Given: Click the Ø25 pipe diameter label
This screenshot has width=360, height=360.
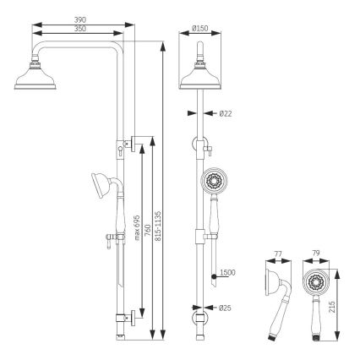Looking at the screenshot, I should coord(225,308).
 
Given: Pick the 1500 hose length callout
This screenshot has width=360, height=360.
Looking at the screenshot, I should coord(226,273).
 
